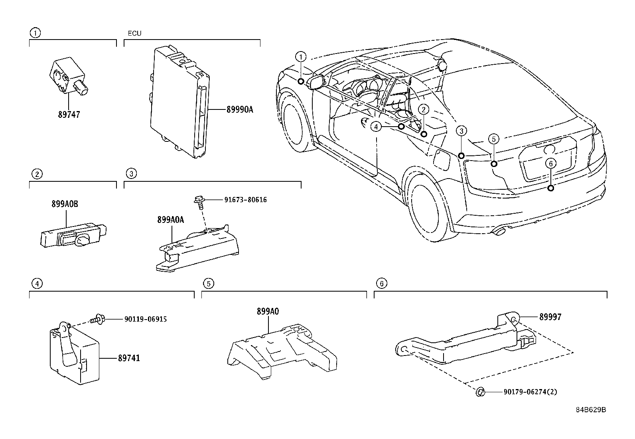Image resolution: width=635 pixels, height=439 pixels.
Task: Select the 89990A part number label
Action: click(240, 109)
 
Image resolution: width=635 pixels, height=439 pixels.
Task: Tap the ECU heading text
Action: click(134, 34)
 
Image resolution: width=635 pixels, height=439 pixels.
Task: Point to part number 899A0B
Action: click(65, 204)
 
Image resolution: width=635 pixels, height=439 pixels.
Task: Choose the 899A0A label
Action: click(171, 220)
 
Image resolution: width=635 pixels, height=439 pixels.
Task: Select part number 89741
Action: click(128, 358)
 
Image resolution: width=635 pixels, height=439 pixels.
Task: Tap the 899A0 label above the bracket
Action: click(268, 312)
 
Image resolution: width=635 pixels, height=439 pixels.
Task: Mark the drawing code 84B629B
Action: click(590, 410)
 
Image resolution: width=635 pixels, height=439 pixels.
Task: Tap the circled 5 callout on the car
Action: click(493, 139)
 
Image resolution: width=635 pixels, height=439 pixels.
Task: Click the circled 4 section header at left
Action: click(36, 284)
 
